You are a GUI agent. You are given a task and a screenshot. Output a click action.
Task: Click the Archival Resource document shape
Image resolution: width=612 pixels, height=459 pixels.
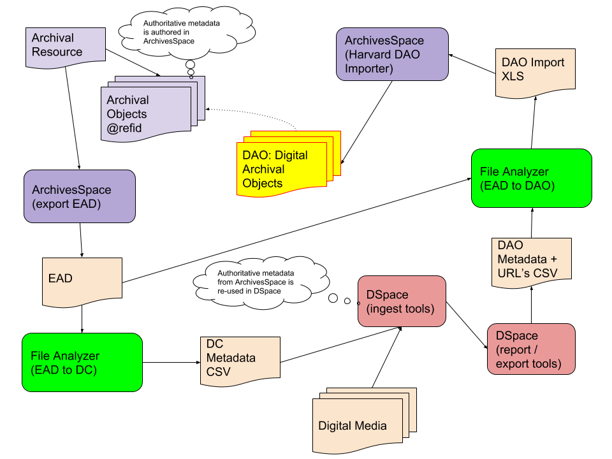(x=65, y=46)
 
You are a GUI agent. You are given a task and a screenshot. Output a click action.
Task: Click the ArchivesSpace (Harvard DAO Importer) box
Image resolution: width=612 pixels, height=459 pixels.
(x=392, y=54)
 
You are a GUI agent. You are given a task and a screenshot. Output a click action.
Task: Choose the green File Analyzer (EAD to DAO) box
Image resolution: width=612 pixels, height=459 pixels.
(x=531, y=178)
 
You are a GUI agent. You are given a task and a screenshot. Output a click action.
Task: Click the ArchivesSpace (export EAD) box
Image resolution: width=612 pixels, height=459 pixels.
(x=79, y=196)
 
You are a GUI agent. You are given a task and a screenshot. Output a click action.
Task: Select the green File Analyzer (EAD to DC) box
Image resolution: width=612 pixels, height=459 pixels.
(x=82, y=362)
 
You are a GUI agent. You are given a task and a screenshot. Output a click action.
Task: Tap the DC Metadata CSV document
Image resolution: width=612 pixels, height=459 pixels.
(x=240, y=360)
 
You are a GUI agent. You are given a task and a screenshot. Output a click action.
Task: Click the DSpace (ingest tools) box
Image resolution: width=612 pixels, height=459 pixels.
(x=401, y=302)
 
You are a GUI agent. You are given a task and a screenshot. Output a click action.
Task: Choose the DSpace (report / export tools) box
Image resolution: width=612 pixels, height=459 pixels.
(x=530, y=349)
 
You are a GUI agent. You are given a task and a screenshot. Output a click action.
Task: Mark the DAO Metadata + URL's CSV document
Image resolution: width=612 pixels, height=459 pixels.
(x=531, y=259)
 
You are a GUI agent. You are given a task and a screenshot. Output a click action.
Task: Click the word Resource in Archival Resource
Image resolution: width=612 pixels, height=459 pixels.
(x=57, y=52)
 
